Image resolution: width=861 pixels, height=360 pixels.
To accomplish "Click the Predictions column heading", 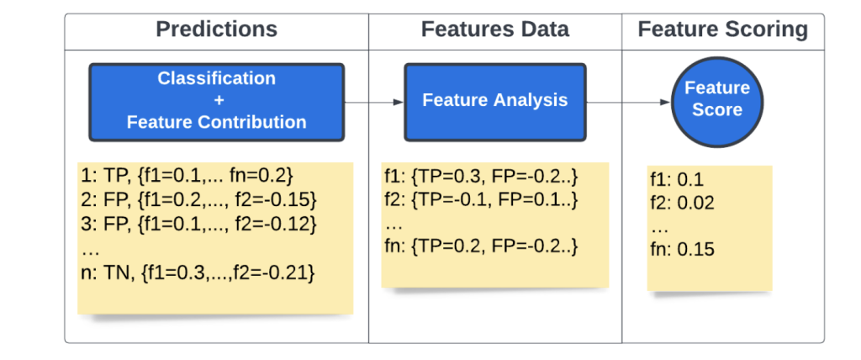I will coord(216,30).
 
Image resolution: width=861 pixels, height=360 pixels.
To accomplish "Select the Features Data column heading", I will coord(494,30).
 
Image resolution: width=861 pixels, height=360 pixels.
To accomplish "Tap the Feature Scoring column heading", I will coord(722,30).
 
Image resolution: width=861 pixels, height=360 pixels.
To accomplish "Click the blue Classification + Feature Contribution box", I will coord(216,100).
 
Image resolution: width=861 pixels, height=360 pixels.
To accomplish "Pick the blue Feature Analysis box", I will coord(494,100).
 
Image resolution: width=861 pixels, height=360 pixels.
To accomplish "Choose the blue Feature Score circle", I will coord(716,99).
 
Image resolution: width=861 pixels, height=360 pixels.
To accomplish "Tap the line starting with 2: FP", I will coord(199,200).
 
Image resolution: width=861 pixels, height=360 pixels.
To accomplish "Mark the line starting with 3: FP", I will coord(199,224).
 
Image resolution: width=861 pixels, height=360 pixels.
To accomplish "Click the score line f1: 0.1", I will coord(677,180).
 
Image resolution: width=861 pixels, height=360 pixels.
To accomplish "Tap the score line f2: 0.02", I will coord(682,203).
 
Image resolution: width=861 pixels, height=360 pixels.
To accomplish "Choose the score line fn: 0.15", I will coord(682,250).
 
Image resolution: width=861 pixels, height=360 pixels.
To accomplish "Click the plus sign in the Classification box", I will coord(216,100).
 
